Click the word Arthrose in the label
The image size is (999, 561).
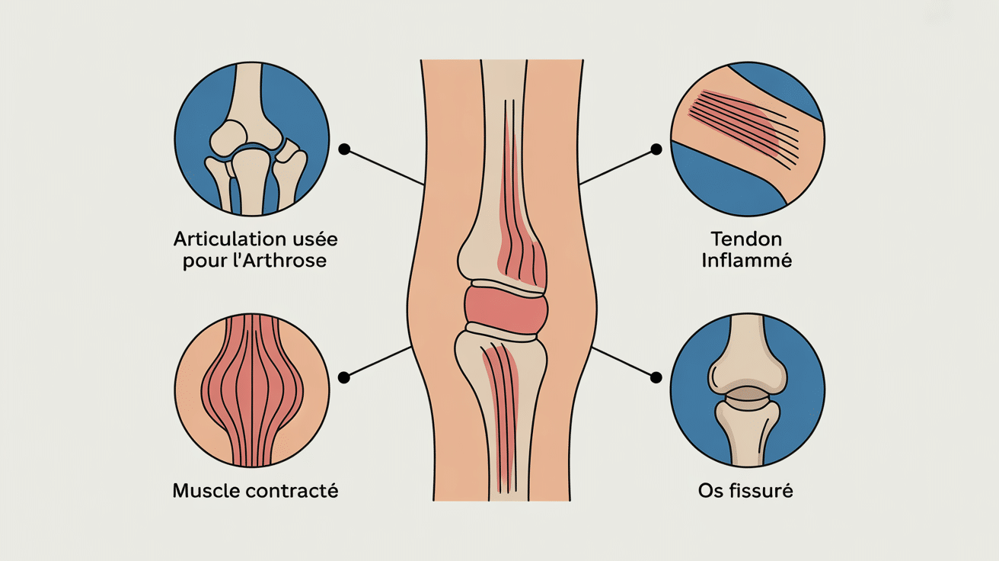[294, 261]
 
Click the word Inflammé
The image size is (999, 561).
[745, 261]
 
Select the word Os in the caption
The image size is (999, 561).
[709, 491]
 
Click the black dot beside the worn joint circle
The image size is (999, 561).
[344, 149]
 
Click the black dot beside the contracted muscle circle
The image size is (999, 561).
[344, 377]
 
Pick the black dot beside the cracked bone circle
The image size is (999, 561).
[656, 376]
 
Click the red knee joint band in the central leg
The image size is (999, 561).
[506, 306]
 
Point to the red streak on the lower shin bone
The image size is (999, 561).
[503, 412]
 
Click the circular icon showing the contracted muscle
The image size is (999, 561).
[252, 389]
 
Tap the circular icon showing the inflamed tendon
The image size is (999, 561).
[748, 139]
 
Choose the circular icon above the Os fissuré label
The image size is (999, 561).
[748, 389]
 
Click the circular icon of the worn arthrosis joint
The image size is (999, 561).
[252, 139]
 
